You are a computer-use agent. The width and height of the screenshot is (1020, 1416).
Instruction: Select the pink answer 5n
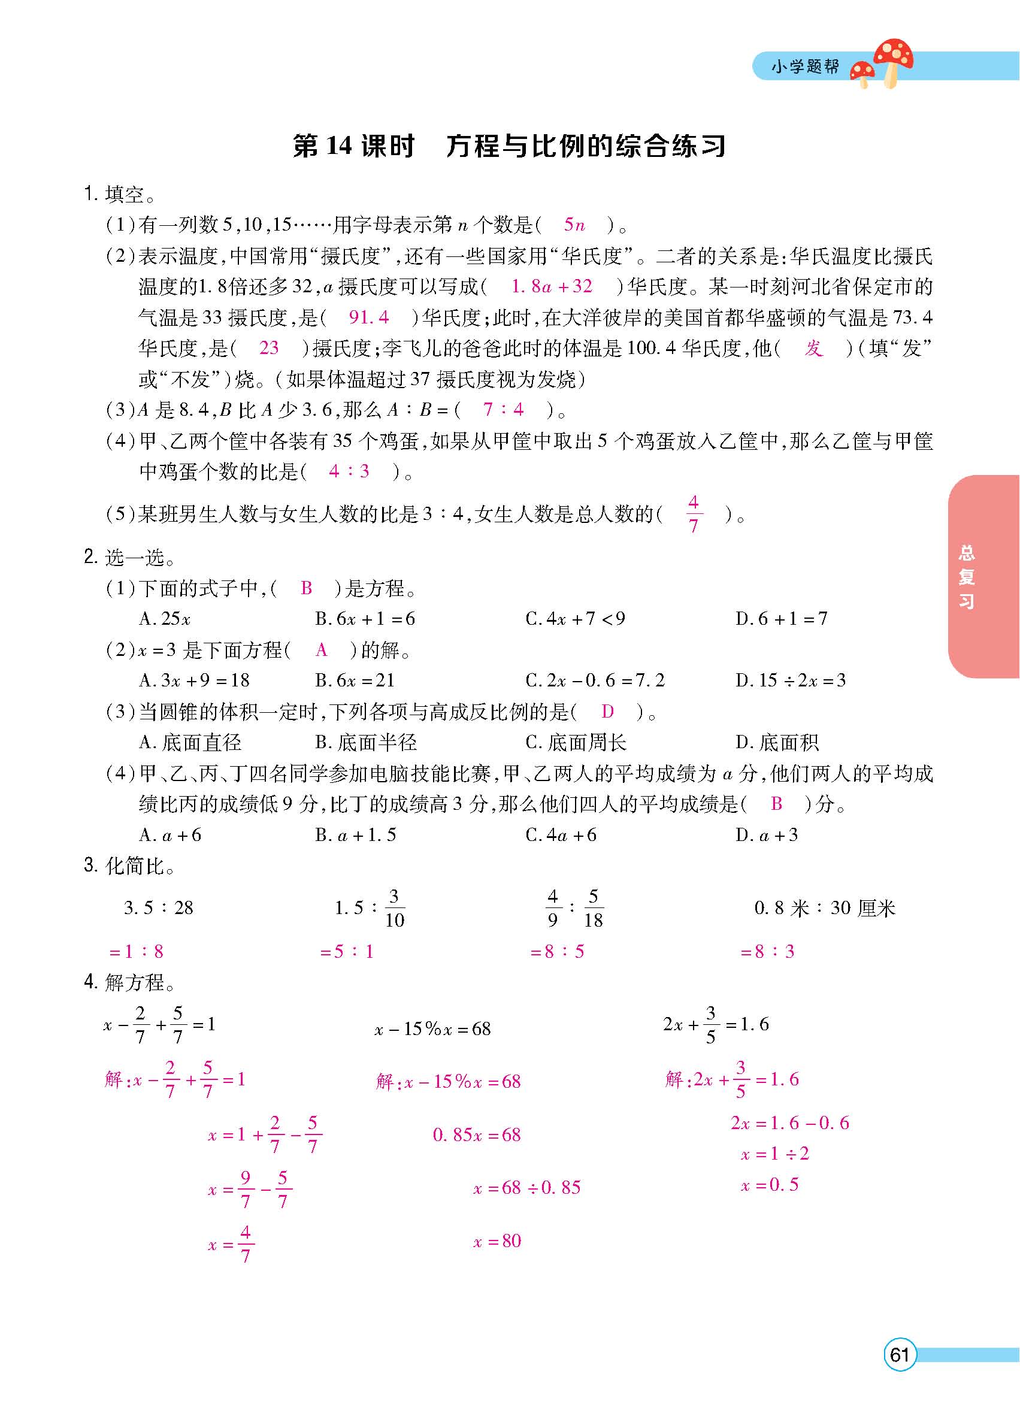pyautogui.click(x=574, y=225)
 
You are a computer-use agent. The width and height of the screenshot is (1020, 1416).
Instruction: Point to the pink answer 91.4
pyautogui.click(x=368, y=317)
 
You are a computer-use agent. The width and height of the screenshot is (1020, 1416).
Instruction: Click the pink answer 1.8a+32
pyautogui.click(x=551, y=286)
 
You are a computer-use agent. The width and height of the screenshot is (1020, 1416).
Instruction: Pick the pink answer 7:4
pyautogui.click(x=503, y=410)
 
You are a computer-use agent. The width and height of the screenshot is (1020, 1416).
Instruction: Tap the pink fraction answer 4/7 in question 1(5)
pyautogui.click(x=694, y=514)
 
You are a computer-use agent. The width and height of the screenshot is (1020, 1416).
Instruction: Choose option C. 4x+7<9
pyautogui.click(x=575, y=619)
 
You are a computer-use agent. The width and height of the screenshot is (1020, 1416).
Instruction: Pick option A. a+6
pyautogui.click(x=171, y=836)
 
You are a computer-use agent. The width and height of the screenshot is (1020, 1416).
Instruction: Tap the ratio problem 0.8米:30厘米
pyautogui.click(x=825, y=908)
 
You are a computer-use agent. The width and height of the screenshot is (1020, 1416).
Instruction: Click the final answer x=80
pyautogui.click(x=497, y=1240)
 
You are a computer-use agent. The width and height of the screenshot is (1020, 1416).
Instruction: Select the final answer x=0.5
pyautogui.click(x=769, y=1184)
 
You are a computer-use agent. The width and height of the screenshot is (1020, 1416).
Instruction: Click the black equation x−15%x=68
pyautogui.click(x=432, y=1029)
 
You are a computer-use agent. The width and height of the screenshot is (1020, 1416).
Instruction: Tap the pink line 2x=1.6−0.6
pyautogui.click(x=789, y=1123)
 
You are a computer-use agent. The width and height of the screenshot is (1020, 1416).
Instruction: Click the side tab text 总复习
pyautogui.click(x=966, y=576)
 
